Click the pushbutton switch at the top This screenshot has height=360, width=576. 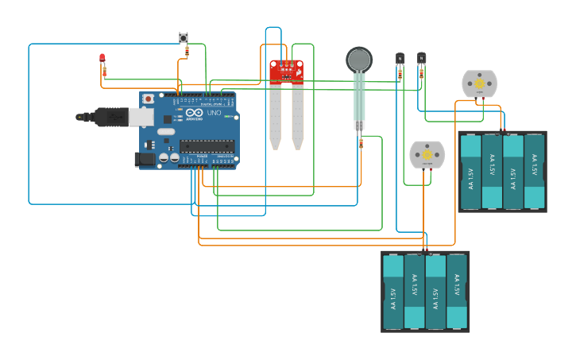[184, 37]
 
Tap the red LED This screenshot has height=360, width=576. [102, 57]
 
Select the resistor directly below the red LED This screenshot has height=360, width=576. [103, 72]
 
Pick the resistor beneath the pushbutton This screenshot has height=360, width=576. [187, 52]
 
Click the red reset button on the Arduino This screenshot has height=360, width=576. [148, 99]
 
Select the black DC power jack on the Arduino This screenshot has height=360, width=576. [144, 159]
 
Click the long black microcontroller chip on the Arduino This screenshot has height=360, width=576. [207, 145]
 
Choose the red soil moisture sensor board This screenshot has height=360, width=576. [286, 72]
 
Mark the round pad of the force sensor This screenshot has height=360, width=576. [359, 60]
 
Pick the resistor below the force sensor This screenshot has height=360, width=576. [361, 143]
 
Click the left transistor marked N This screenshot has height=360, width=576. [400, 58]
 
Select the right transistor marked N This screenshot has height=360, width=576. [421, 58]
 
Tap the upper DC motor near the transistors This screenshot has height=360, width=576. [479, 83]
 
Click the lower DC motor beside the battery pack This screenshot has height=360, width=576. [427, 154]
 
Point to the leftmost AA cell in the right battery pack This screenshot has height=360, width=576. [470, 172]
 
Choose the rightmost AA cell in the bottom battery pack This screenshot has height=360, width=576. [457, 291]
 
